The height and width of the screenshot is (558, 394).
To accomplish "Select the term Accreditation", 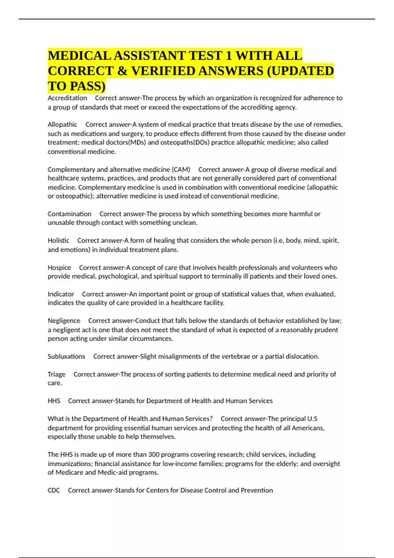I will (x=67, y=98).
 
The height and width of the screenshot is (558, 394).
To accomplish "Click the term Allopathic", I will (x=62, y=125).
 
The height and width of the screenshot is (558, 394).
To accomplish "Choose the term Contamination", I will (x=69, y=214).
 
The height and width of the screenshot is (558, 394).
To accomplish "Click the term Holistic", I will (x=58, y=241).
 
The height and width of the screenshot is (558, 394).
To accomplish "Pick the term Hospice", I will (x=59, y=268).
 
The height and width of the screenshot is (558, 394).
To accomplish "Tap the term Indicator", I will (x=61, y=294).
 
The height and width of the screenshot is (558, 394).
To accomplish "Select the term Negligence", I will (x=64, y=321).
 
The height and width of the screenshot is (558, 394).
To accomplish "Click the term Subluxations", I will (x=66, y=356).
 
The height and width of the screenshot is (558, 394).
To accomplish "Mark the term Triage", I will (x=56, y=375).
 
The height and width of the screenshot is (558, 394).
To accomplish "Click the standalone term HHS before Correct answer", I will (x=54, y=401).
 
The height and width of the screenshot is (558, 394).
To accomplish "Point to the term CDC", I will (x=54, y=490).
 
